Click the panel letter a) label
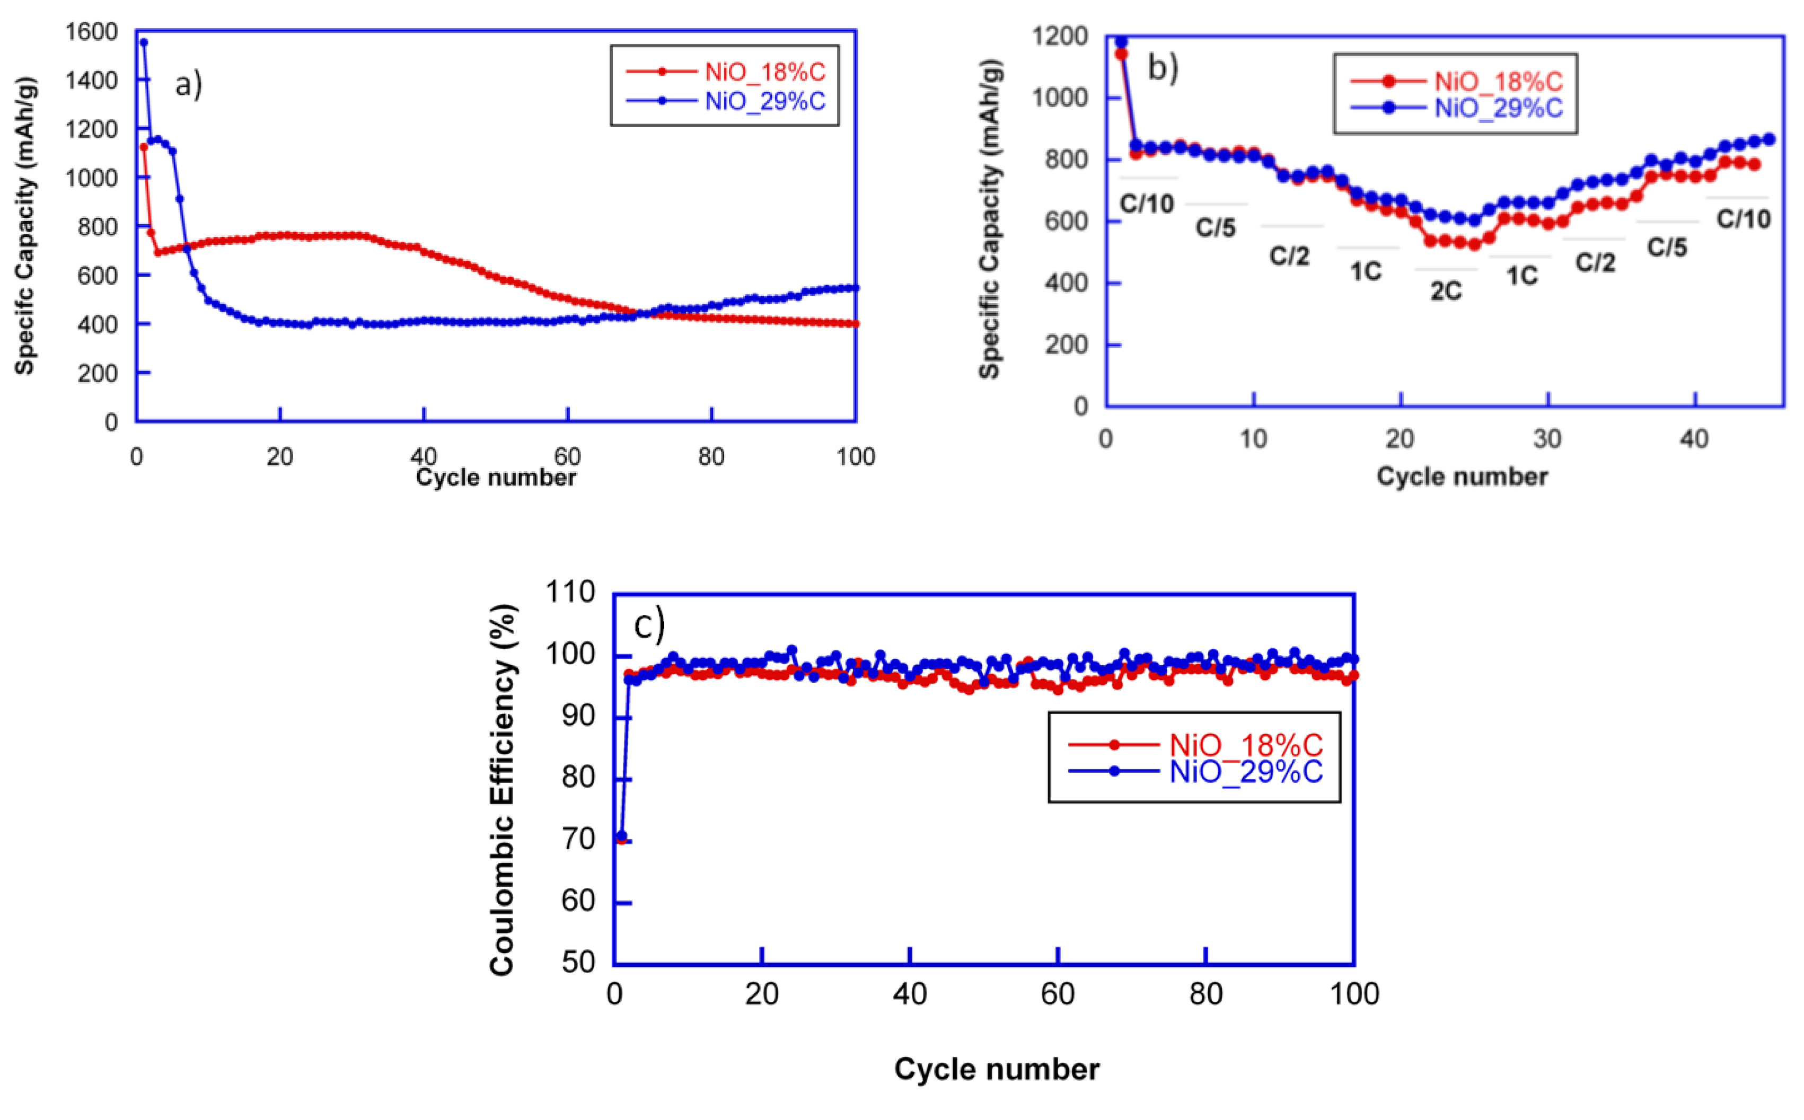[x=188, y=84]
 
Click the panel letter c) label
[x=649, y=624]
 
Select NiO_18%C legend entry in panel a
[x=764, y=72]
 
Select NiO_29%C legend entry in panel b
[x=1498, y=108]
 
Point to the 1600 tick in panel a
[x=91, y=32]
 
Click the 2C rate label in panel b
[x=1446, y=291]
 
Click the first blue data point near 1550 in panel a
[x=144, y=42]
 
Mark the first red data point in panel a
[x=144, y=147]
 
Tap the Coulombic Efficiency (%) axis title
[x=503, y=790]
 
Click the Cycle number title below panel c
[x=997, y=1070]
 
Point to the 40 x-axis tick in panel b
[x=1694, y=439]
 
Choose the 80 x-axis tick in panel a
[x=711, y=457]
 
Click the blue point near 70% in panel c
[x=622, y=836]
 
